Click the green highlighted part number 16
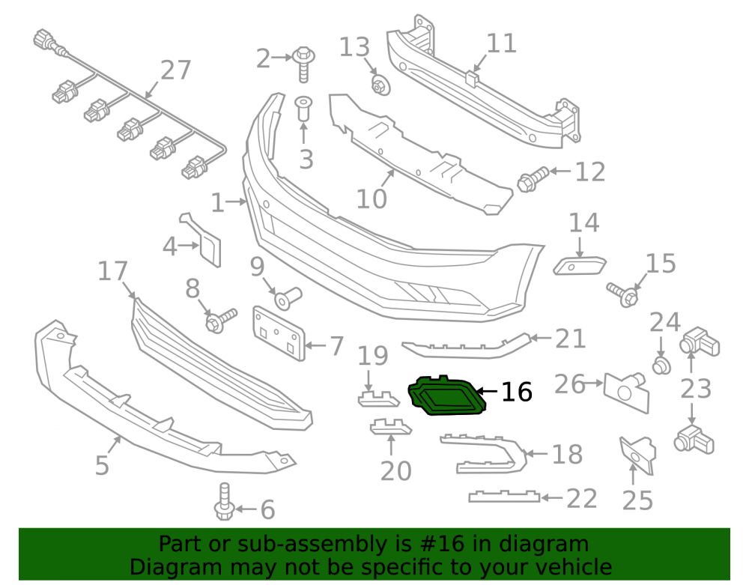click(x=447, y=395)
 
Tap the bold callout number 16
click(x=516, y=392)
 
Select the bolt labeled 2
click(x=303, y=64)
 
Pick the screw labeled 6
click(x=224, y=501)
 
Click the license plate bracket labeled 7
click(x=279, y=333)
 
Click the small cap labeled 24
click(x=661, y=366)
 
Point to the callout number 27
click(x=176, y=70)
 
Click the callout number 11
click(x=501, y=43)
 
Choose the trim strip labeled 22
click(x=504, y=497)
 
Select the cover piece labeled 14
click(x=580, y=265)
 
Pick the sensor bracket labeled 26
click(x=626, y=392)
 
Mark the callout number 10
click(x=372, y=199)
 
